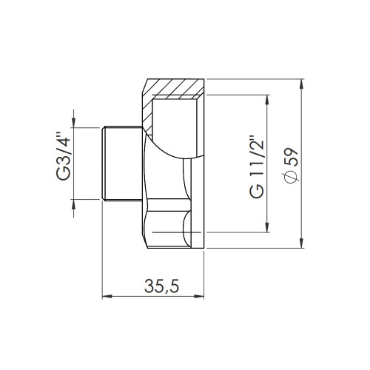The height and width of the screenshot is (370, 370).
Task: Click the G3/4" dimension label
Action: [x=63, y=157]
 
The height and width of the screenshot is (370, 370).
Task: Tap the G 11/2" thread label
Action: [x=257, y=166]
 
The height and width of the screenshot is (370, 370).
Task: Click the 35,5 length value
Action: [x=161, y=286]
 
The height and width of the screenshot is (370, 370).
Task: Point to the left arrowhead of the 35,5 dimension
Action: [x=107, y=296]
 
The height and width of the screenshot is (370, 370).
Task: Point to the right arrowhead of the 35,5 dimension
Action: [x=199, y=296]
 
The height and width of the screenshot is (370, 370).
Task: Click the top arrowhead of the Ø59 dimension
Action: [x=301, y=84]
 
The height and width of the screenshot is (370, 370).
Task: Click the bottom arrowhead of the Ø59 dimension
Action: [x=301, y=243]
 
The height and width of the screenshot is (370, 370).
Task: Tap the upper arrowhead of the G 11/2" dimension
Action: [x=266, y=100]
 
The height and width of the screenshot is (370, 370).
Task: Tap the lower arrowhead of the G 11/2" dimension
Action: [x=266, y=227]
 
